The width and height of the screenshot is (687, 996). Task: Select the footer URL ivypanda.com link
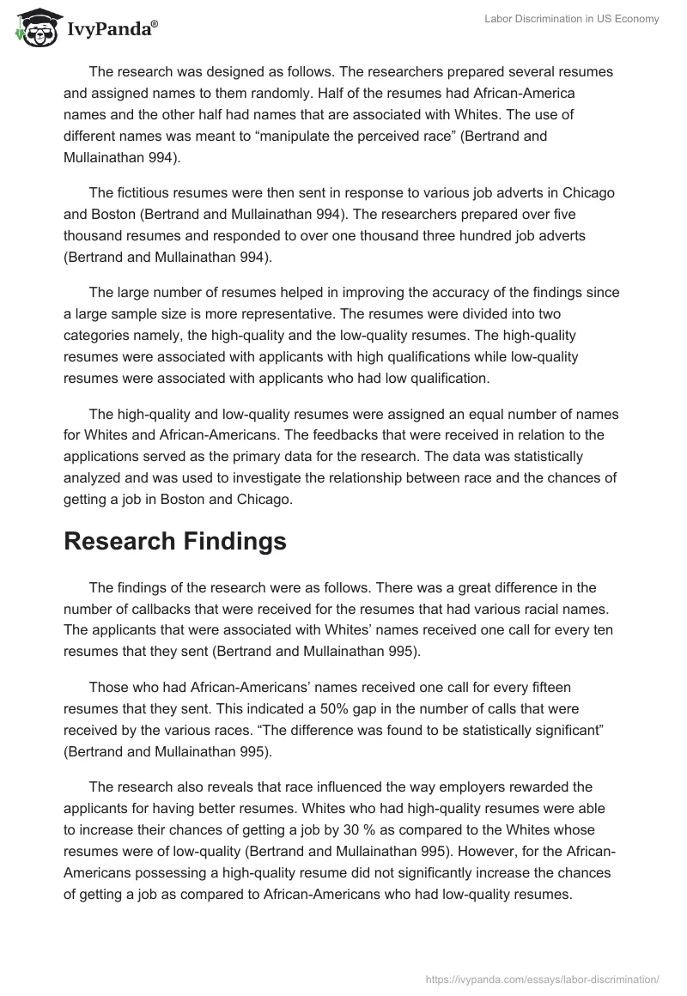[x=543, y=978]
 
